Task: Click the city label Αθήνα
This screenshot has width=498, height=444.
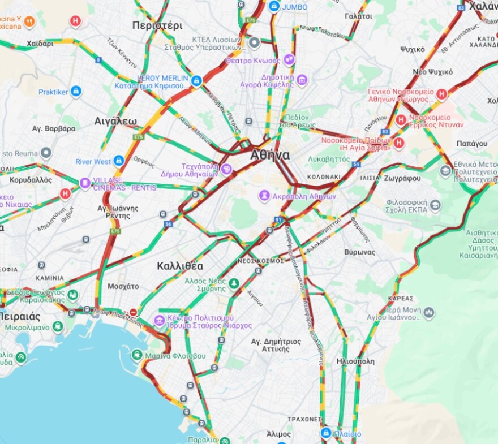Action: pyautogui.click(x=270, y=155)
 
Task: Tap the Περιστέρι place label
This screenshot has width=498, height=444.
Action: pyautogui.click(x=157, y=25)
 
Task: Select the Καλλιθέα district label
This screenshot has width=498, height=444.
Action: pyautogui.click(x=180, y=266)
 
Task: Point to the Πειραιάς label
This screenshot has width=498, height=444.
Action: pyautogui.click(x=20, y=316)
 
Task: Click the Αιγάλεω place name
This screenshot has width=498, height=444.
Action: pyautogui.click(x=115, y=121)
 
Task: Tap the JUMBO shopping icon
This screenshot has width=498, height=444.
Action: pyautogui.click(x=274, y=6)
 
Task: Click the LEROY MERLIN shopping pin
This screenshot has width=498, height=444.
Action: pyautogui.click(x=196, y=81)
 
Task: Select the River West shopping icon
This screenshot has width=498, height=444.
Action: pyautogui.click(x=119, y=161)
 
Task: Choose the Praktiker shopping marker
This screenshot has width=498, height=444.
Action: pyautogui.click(x=76, y=92)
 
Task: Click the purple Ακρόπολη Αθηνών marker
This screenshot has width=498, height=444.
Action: pyautogui.click(x=264, y=196)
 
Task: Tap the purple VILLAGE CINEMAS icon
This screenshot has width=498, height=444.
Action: pyautogui.click(x=85, y=183)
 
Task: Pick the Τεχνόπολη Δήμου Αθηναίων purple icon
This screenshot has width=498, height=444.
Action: pyautogui.click(x=226, y=169)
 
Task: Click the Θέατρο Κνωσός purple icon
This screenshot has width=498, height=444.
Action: pyautogui.click(x=289, y=60)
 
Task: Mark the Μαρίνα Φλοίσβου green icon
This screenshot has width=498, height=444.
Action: pyautogui.click(x=136, y=355)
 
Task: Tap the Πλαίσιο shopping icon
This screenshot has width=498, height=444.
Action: pyautogui.click(x=325, y=433)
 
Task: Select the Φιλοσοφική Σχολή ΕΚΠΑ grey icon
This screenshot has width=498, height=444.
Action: pyautogui.click(x=435, y=205)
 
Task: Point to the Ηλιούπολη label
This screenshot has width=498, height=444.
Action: pyautogui.click(x=355, y=361)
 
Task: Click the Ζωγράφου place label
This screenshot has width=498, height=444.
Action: pyautogui.click(x=401, y=178)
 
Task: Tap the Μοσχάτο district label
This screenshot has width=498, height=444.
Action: pyautogui.click(x=123, y=286)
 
